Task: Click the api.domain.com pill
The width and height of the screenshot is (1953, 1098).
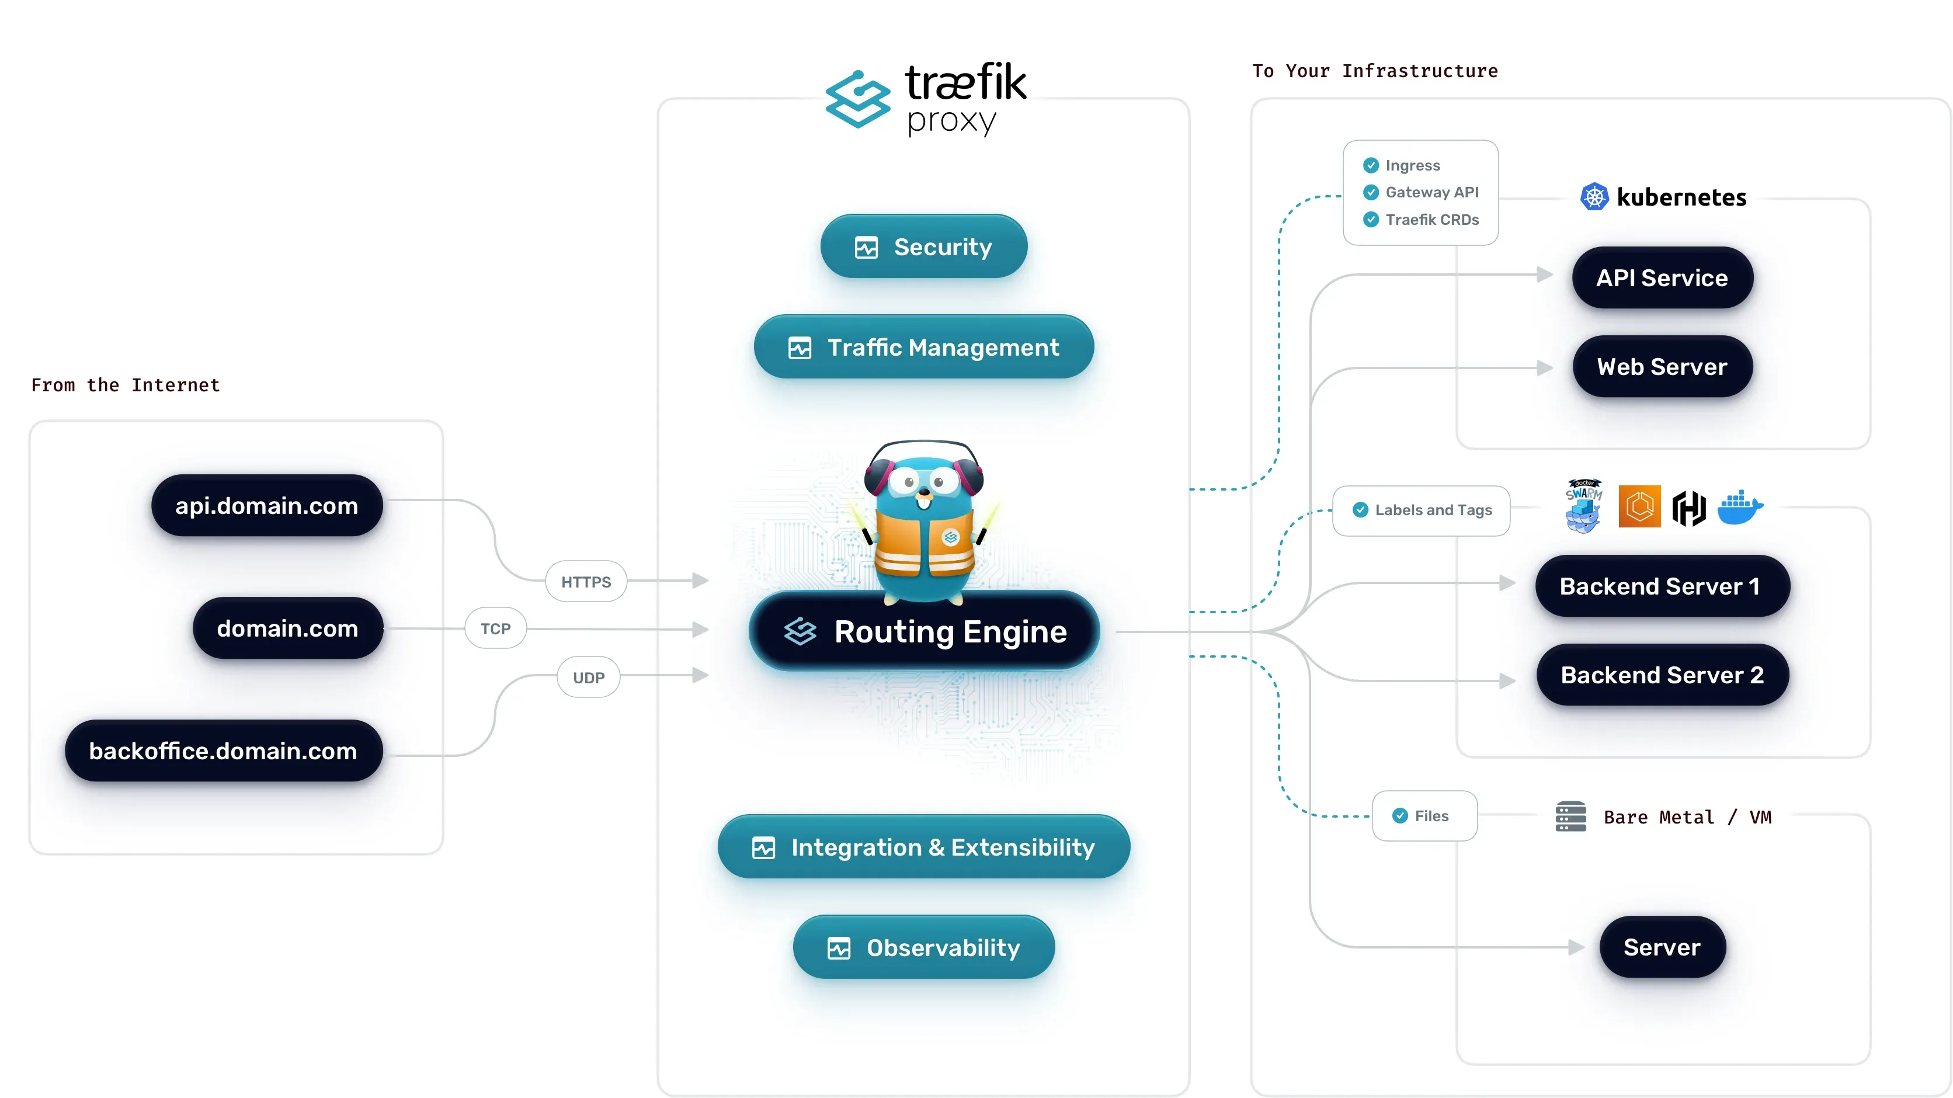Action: click(x=267, y=506)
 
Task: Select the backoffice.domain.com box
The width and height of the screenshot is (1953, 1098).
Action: click(x=224, y=750)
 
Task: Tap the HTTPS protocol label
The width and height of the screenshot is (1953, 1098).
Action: click(x=586, y=582)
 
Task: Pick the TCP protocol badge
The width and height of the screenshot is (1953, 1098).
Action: click(x=496, y=628)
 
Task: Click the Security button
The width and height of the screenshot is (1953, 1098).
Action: click(x=923, y=246)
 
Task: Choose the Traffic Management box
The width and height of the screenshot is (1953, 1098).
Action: click(x=923, y=348)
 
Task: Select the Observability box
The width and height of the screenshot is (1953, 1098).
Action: click(x=923, y=947)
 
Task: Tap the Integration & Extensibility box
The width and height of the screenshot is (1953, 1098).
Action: click(x=923, y=847)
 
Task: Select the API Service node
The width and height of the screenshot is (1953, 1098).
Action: click(x=1662, y=277)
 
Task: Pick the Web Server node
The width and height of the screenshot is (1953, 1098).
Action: click(x=1662, y=367)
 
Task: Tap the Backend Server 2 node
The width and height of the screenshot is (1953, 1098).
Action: click(x=1662, y=675)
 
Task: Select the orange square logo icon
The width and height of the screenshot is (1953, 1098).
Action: click(x=1639, y=506)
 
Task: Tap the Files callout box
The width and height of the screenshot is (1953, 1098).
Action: click(x=1424, y=816)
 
